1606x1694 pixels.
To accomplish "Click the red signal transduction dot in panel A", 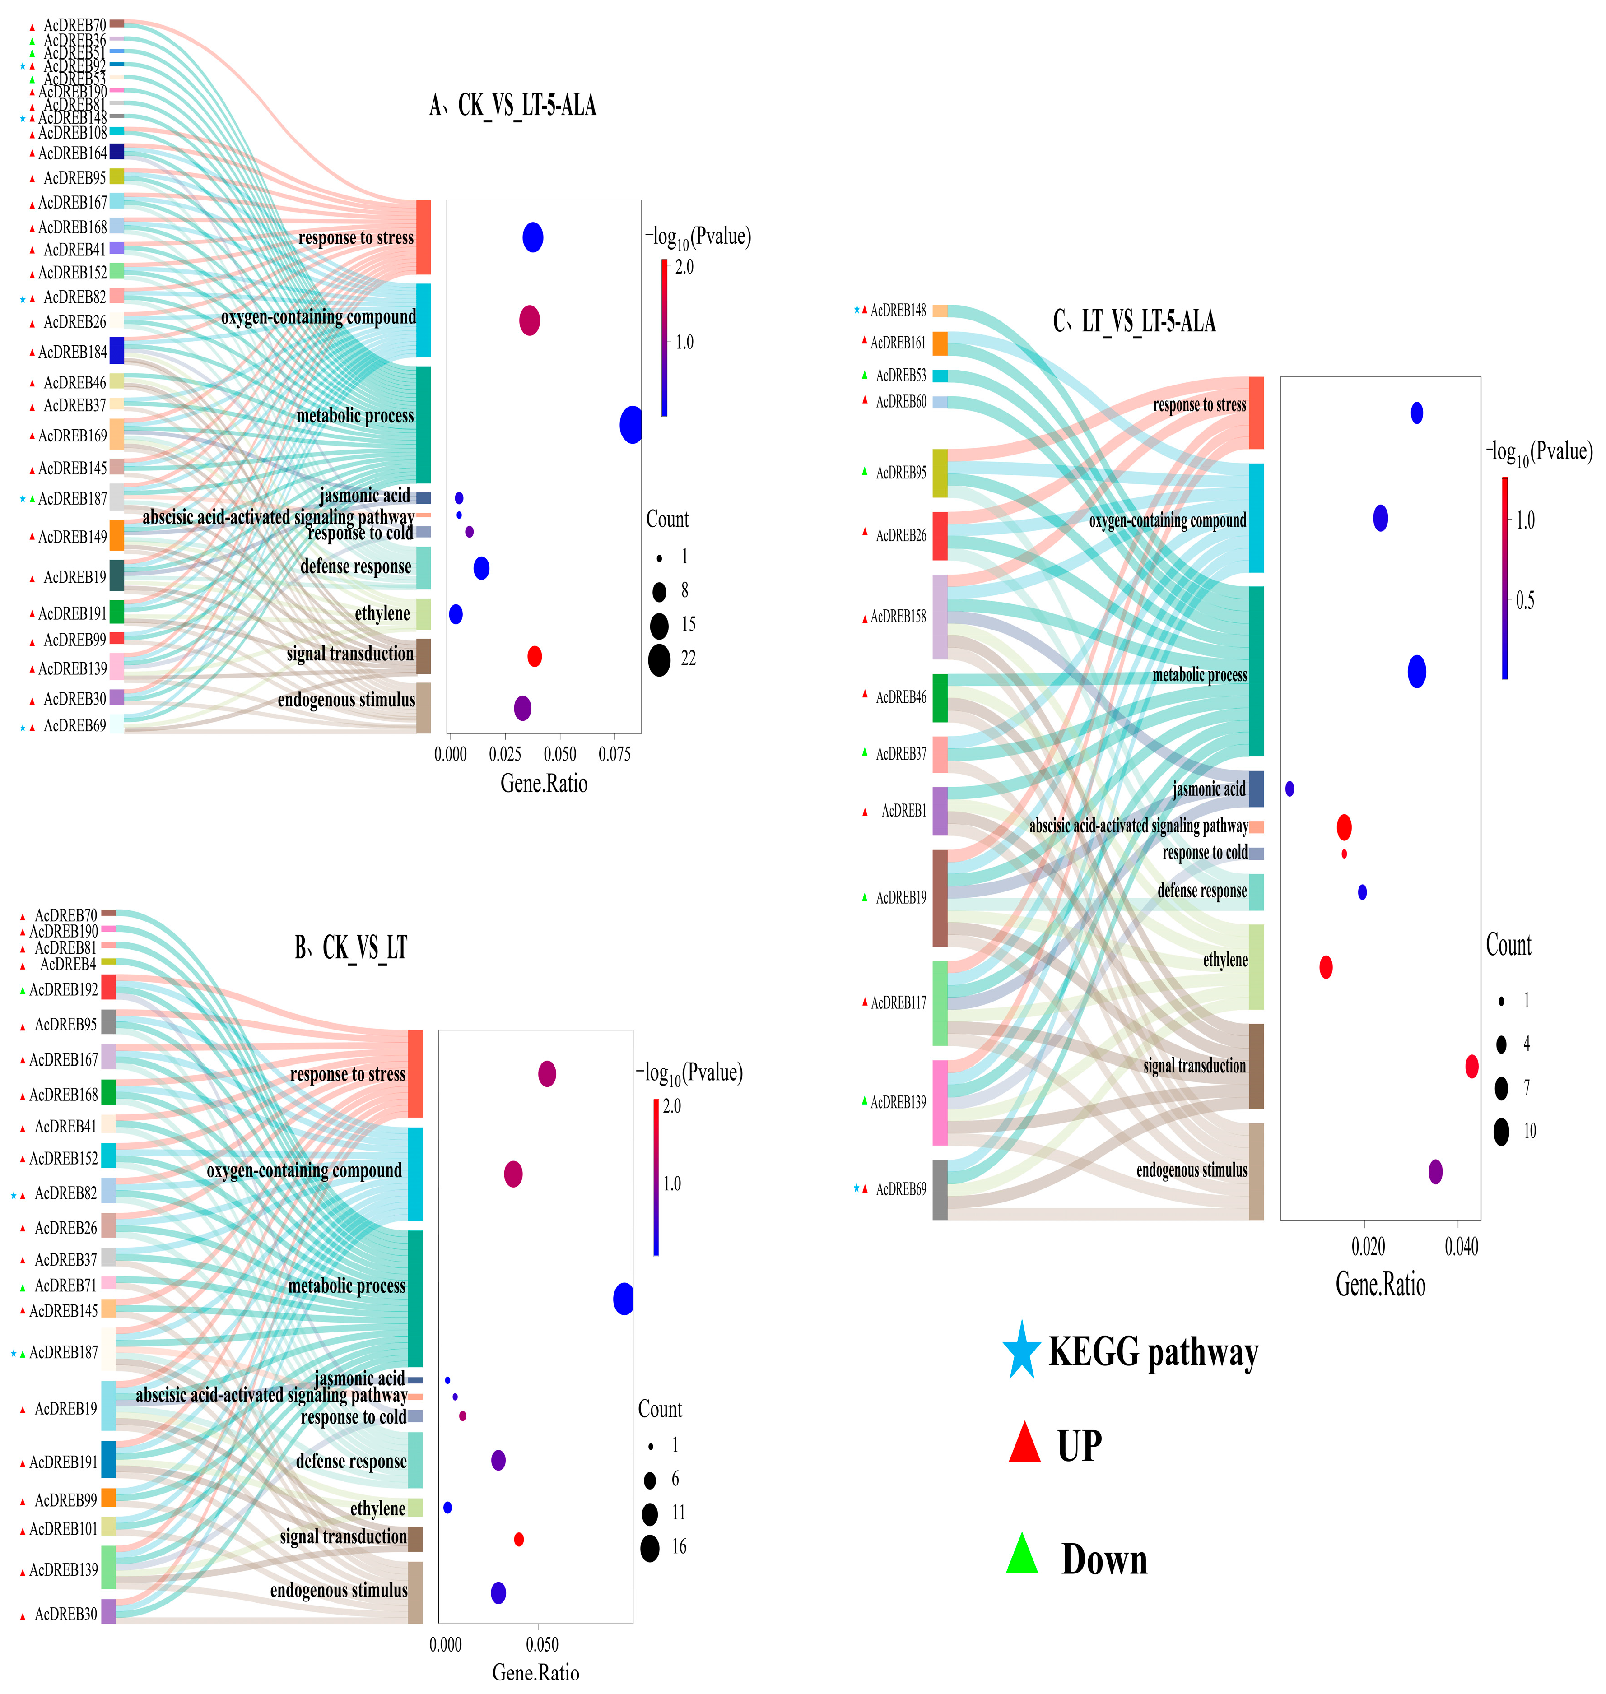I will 534,657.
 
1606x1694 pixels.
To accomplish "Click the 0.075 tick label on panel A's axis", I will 614,754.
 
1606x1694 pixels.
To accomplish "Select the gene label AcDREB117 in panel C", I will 898,1002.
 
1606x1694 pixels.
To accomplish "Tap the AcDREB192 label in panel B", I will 64,989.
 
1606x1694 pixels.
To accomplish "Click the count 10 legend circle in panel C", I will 1502,1132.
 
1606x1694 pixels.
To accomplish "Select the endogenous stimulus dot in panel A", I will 522,708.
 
